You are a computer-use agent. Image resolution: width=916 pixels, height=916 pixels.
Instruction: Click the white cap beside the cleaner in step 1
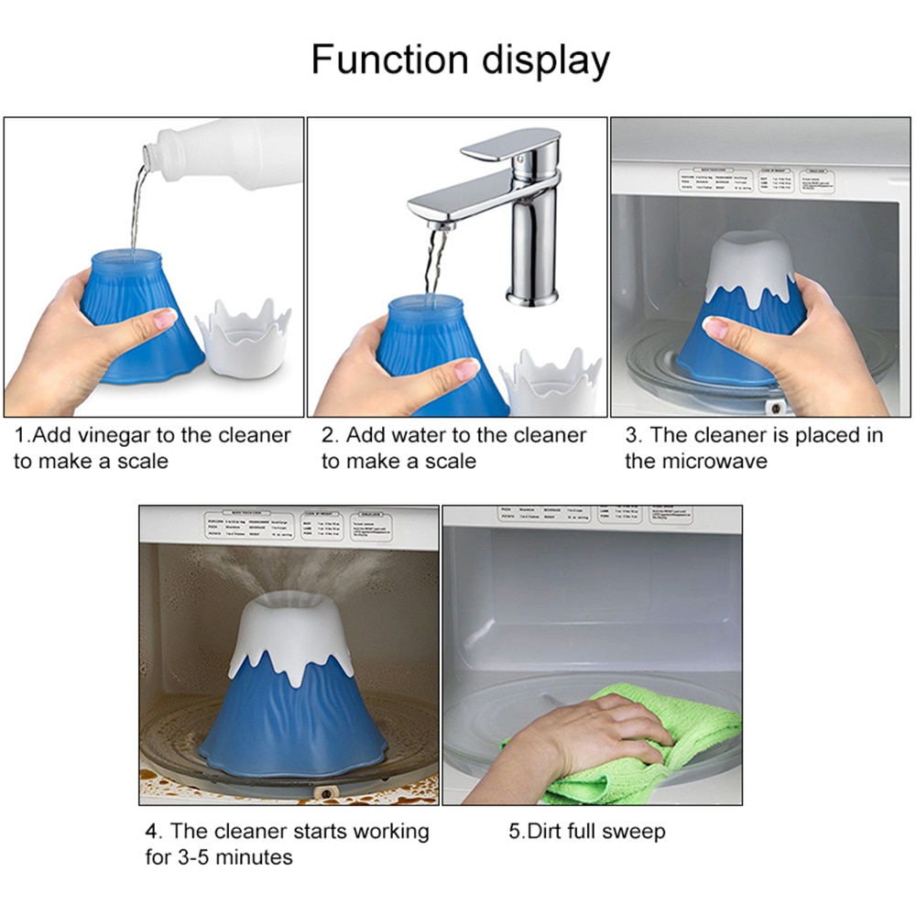[x=243, y=339]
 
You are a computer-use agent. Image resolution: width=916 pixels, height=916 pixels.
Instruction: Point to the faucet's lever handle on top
[x=513, y=147]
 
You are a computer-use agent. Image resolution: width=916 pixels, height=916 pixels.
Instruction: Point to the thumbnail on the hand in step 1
[x=166, y=318]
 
